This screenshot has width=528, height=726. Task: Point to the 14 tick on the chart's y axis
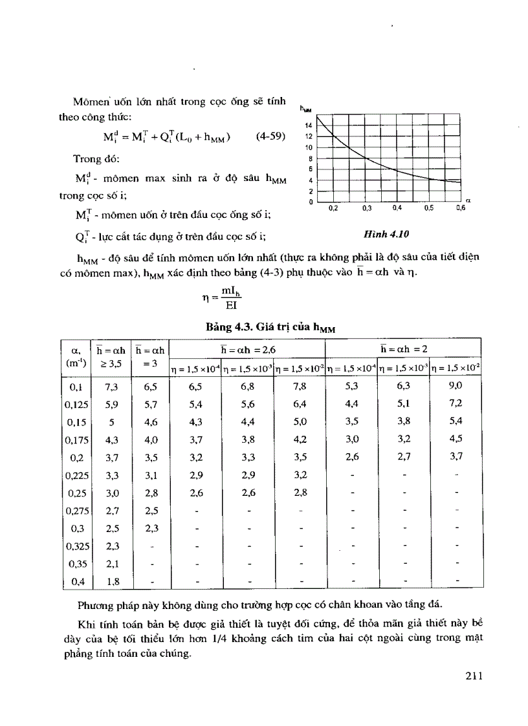point(309,124)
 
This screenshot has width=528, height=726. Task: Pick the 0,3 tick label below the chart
point(367,208)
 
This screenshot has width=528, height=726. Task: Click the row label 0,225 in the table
point(77,476)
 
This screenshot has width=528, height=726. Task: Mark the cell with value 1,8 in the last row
point(113,581)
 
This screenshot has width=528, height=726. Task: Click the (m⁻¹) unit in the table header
point(77,363)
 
